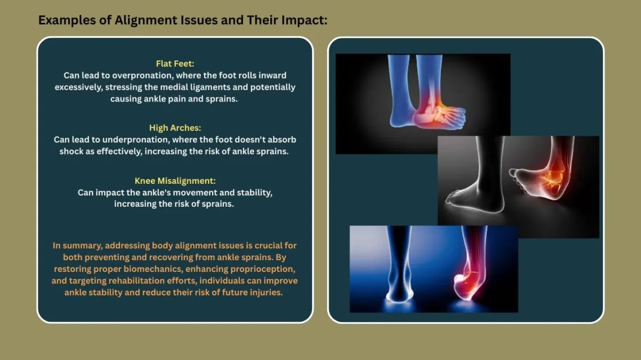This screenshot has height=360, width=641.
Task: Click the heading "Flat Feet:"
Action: click(175, 64)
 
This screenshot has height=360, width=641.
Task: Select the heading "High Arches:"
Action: click(175, 128)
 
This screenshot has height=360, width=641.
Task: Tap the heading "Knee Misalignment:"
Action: click(175, 181)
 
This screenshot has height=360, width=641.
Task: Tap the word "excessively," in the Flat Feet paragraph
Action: click(79, 87)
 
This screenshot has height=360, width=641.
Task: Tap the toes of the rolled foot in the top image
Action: click(457, 118)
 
